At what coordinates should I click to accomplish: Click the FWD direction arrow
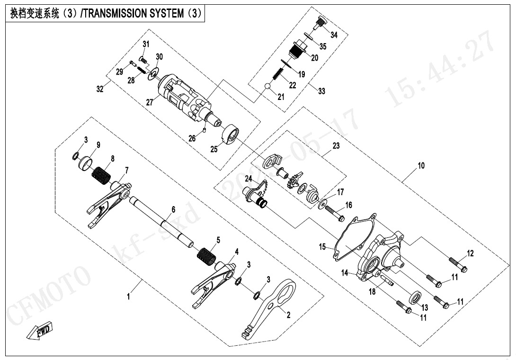(40, 330)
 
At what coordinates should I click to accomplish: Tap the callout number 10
(421, 166)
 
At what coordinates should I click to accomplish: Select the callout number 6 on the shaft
(173, 209)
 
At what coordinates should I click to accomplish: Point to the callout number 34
(334, 35)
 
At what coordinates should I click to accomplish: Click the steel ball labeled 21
(268, 86)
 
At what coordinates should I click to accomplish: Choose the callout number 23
(336, 146)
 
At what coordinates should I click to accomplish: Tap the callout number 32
(100, 89)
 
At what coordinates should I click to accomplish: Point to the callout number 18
(373, 292)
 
